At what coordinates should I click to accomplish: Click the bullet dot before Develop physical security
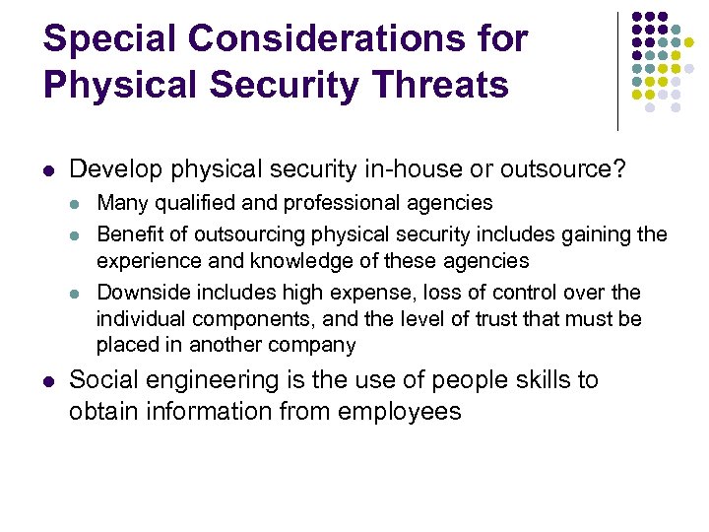[x=49, y=169]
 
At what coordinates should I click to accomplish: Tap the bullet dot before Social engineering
[x=49, y=381]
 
